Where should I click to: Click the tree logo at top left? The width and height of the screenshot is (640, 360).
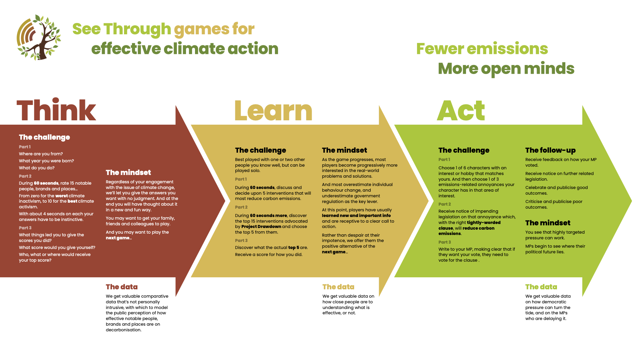(x=39, y=37)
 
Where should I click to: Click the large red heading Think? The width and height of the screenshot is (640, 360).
(x=56, y=110)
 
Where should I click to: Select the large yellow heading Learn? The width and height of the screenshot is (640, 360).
(x=273, y=111)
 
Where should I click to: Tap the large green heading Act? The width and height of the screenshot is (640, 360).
(x=461, y=111)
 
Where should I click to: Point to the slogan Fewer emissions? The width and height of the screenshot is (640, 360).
(x=482, y=49)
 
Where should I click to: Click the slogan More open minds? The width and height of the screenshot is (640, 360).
(x=506, y=69)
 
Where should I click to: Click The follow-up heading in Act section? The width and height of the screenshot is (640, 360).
(x=550, y=150)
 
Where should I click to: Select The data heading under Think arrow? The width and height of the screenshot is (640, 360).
(x=122, y=287)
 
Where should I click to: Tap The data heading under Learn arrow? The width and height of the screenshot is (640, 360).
(x=338, y=287)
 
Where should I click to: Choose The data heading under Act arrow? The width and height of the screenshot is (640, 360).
(x=541, y=287)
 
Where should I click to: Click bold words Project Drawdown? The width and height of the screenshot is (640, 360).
(x=261, y=227)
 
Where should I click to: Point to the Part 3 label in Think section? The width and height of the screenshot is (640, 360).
(x=25, y=228)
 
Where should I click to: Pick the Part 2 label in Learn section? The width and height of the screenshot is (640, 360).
(x=241, y=207)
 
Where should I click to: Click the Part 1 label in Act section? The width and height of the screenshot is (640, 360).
(x=444, y=160)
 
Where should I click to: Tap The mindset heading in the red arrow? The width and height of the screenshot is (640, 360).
(x=128, y=173)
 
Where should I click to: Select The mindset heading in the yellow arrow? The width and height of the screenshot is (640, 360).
(x=344, y=150)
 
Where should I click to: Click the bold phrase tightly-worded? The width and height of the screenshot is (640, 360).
(x=484, y=223)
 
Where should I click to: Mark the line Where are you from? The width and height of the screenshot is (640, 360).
(x=41, y=154)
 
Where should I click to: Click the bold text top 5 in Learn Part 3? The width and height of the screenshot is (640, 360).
(x=294, y=248)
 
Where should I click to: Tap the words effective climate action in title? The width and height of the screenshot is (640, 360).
(x=185, y=49)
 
